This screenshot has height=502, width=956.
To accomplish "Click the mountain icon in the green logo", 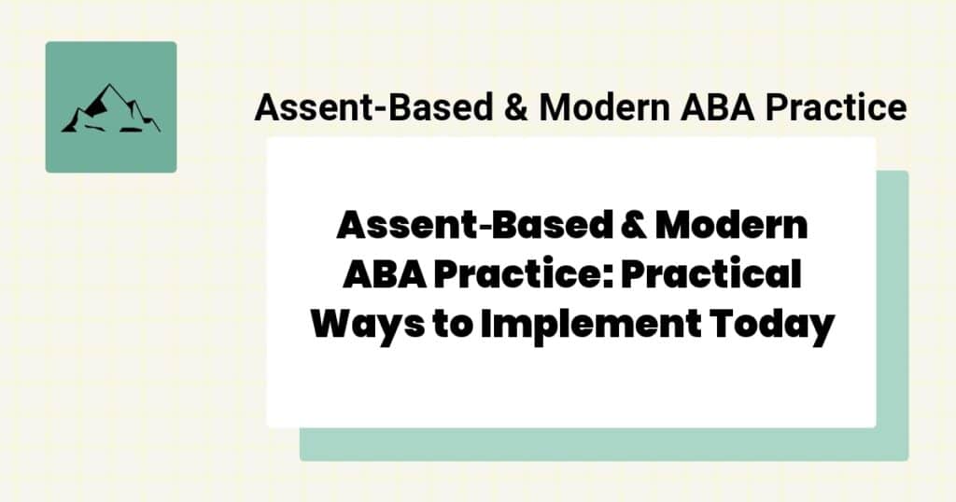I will point(110,108).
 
